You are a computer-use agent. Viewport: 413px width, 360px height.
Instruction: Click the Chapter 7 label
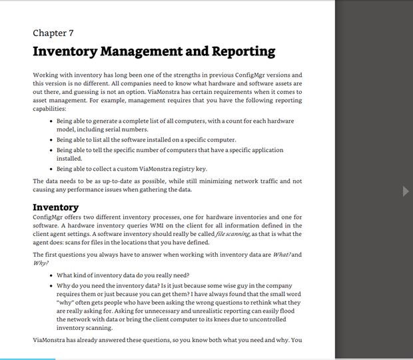point(53,33)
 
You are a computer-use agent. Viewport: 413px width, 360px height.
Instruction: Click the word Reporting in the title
point(243,51)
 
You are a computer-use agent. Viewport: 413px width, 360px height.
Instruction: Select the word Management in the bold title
point(148,51)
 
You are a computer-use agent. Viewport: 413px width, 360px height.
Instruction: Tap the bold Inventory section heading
point(55,207)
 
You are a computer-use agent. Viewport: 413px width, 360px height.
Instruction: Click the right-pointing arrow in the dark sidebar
point(406,191)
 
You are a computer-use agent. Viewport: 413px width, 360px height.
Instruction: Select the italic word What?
point(282,255)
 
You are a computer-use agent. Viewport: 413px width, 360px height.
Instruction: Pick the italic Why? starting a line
point(41,263)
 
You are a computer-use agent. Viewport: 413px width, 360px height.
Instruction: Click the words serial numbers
point(126,129)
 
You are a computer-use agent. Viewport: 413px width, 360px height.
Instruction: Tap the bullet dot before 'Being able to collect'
point(51,169)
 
